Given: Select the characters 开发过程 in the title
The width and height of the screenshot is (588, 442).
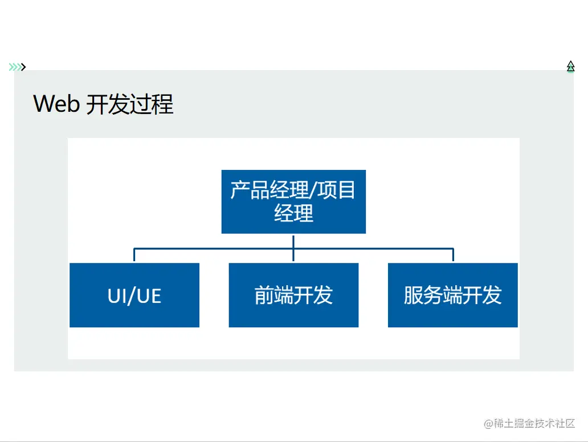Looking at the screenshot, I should [x=130, y=104].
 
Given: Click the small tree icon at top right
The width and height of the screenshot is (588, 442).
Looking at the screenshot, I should [x=570, y=67].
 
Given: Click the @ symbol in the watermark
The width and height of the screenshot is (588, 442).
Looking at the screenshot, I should [x=488, y=424].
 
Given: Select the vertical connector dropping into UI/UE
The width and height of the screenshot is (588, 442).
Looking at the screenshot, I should [x=134, y=255].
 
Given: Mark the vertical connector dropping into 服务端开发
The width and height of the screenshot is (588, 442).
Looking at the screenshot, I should [x=453, y=255].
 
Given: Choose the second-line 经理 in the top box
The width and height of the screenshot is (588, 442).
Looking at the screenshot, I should [x=293, y=213].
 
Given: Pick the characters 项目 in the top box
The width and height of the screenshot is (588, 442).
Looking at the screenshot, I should [x=336, y=190].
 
